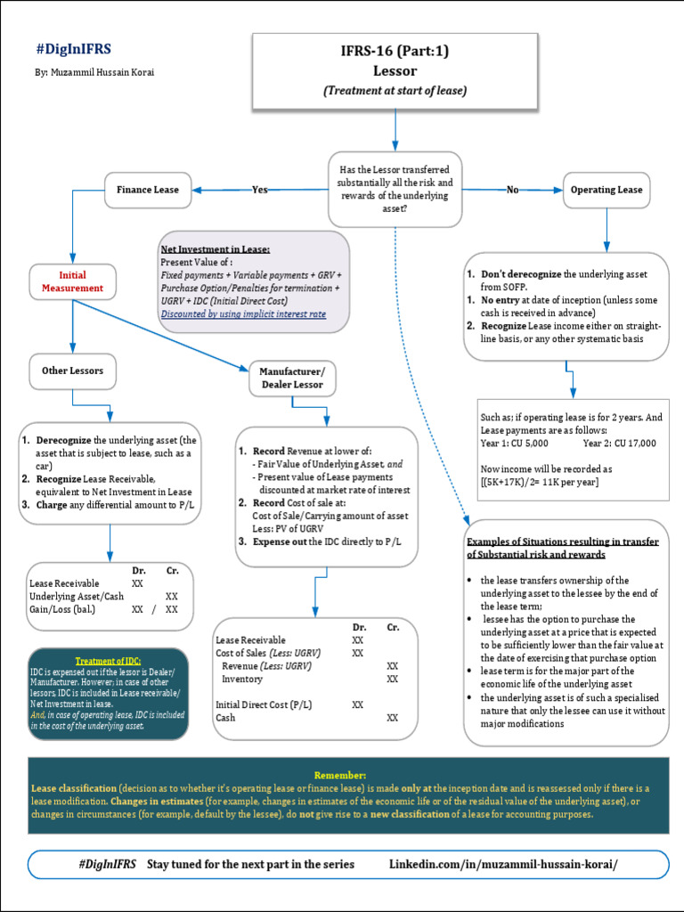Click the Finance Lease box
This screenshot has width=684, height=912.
point(148,190)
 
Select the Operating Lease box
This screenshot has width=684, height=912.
point(606,190)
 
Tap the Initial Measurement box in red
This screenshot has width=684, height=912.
point(73,281)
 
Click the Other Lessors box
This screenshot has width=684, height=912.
point(73,370)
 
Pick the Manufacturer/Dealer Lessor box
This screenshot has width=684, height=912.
point(292,378)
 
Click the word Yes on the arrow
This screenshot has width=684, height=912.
point(259,190)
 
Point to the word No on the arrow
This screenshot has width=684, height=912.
point(512,190)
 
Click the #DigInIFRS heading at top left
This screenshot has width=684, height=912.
point(74,50)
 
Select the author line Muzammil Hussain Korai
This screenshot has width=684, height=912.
point(95,72)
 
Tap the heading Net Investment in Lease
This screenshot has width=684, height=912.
point(215,249)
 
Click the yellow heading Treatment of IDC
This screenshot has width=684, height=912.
point(108,660)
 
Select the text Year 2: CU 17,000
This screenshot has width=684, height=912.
point(620,443)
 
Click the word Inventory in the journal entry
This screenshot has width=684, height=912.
point(242,679)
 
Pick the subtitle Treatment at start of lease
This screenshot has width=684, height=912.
point(395,90)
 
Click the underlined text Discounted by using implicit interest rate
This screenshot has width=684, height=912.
point(243,313)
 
